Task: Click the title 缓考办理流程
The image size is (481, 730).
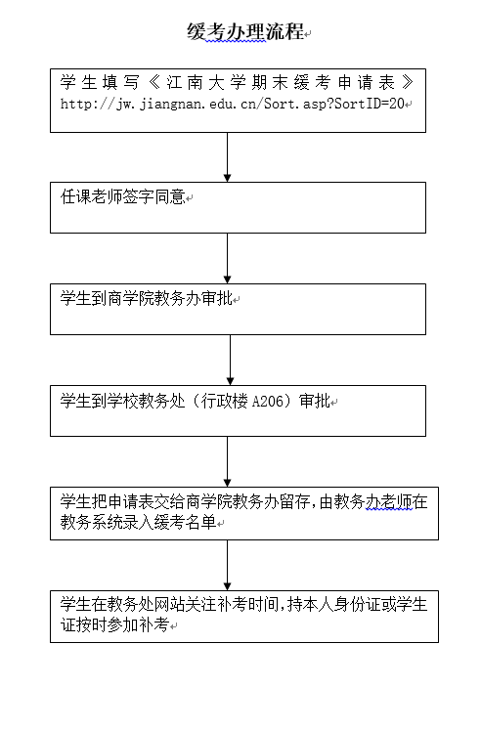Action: tap(245, 31)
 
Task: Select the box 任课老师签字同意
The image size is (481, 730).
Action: tap(238, 207)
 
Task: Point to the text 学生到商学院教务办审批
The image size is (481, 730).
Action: tap(147, 298)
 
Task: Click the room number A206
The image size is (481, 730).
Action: tap(268, 401)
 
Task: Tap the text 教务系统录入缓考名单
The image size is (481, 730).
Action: tap(139, 522)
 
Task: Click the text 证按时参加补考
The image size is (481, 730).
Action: tap(115, 624)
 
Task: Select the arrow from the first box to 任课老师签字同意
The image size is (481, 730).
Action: tap(227, 157)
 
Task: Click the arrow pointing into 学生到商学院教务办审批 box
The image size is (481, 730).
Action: tap(227, 258)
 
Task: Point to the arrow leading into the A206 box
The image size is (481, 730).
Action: tap(230, 360)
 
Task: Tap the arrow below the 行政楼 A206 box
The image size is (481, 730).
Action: tap(227, 461)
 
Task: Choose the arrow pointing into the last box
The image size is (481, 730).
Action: tap(227, 565)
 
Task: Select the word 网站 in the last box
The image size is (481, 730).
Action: tap(169, 604)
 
